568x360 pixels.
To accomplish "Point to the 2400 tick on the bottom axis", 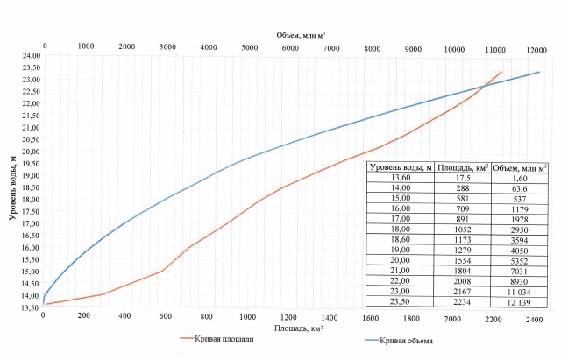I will coord(534,317).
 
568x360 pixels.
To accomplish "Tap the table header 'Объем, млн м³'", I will coord(520,166).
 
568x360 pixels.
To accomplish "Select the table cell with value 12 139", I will coord(520,302).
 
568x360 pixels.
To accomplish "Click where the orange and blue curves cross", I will coord(483,86).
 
